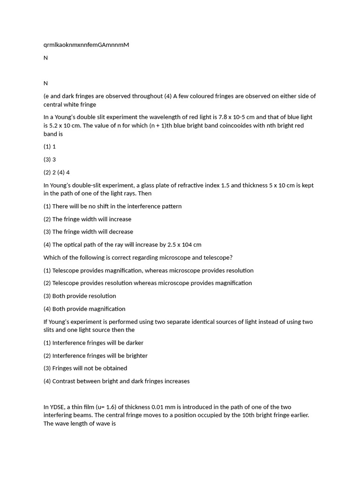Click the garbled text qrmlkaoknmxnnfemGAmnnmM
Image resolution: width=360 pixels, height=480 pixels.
tap(86, 45)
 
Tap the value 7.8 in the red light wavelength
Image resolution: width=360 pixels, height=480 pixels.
tap(224, 117)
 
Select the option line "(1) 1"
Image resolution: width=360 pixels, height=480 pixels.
tap(50, 147)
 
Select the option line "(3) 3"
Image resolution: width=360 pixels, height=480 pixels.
tap(50, 159)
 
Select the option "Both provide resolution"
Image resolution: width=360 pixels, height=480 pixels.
tap(84, 296)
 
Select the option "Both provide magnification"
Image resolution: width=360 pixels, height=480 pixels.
tap(89, 309)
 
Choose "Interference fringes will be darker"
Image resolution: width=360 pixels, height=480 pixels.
tap(97, 343)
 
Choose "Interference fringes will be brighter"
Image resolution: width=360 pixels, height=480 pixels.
tap(100, 356)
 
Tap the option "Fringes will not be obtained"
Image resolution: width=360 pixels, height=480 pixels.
tap(90, 368)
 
